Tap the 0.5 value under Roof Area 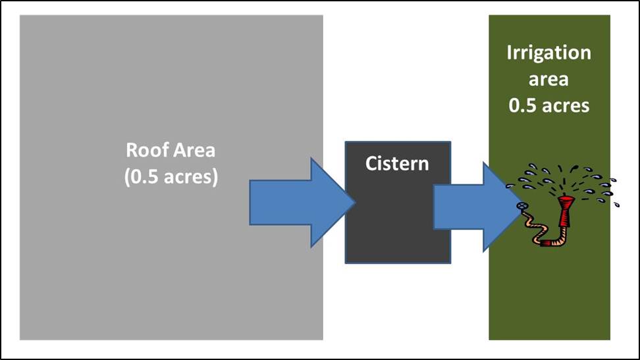coord(146,177)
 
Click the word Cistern coord(397,163)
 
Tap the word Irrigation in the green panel coord(548,53)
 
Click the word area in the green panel coord(549,79)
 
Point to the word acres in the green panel coord(566,105)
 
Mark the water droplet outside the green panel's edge coord(616,204)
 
